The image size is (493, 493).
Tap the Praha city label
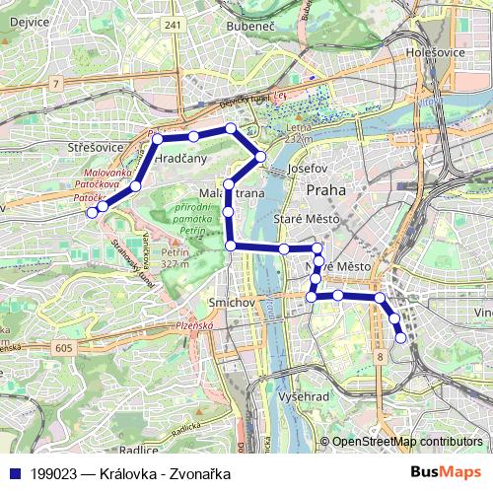[325, 188]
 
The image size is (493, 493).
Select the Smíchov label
[232, 301]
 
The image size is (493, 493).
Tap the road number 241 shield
[176, 27]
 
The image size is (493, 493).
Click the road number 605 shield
[64, 348]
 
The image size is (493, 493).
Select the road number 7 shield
[57, 86]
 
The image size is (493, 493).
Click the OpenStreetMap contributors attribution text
[406, 442]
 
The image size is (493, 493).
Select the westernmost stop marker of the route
[92, 211]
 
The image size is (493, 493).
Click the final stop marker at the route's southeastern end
[400, 338]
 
